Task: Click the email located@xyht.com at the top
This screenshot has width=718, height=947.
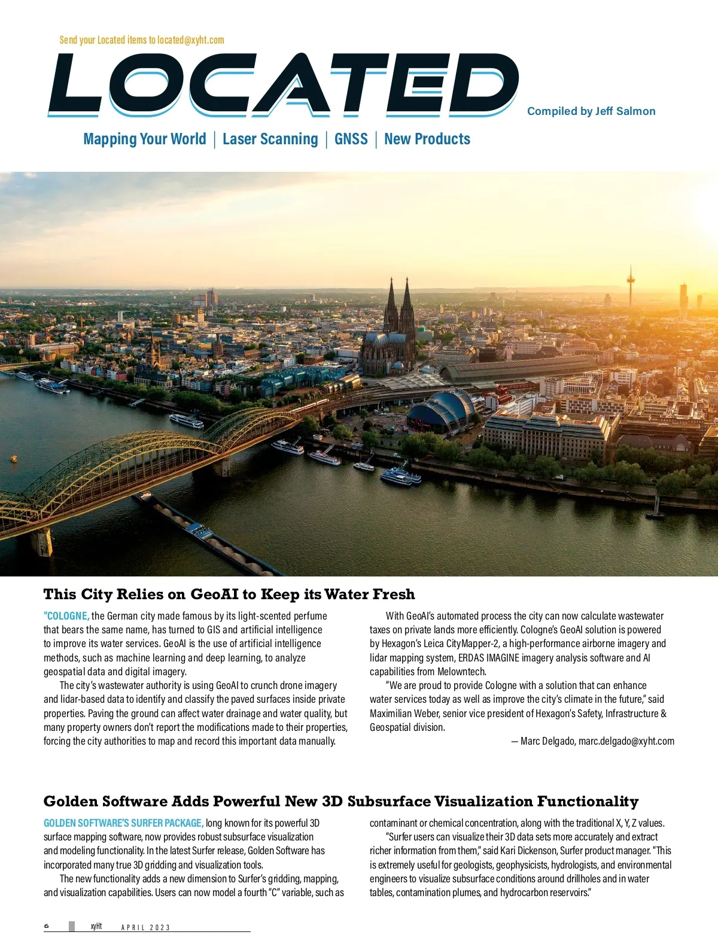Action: [191, 40]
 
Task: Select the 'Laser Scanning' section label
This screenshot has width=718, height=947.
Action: [270, 139]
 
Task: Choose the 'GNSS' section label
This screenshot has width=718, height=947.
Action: [351, 139]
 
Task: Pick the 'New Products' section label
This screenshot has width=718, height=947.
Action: [427, 139]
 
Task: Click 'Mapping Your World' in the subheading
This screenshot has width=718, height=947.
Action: [145, 139]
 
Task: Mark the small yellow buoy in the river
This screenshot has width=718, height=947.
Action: [14, 459]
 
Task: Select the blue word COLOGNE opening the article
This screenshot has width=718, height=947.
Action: [66, 616]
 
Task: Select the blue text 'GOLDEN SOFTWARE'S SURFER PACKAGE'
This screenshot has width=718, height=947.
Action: [123, 823]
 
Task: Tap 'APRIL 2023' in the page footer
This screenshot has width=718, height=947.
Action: [145, 927]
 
